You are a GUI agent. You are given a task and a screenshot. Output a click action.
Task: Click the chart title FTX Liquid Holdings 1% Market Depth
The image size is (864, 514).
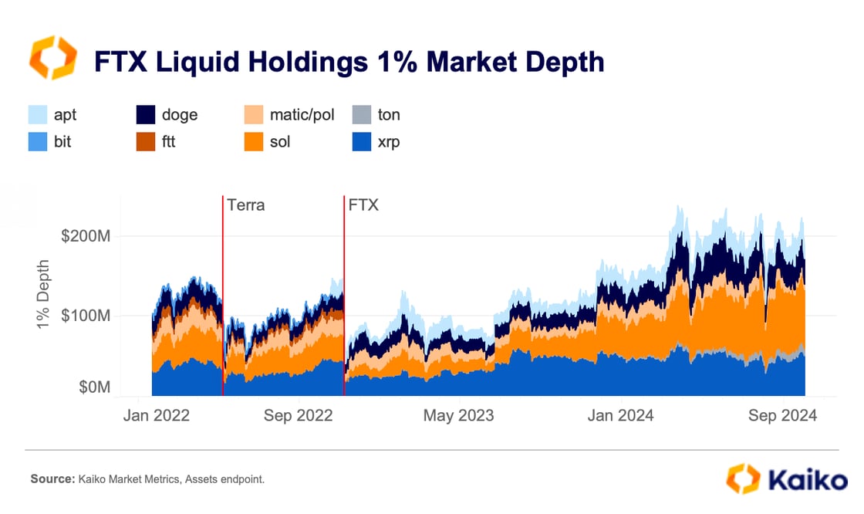point(349,61)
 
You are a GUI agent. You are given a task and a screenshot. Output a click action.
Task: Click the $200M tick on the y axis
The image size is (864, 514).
point(86,235)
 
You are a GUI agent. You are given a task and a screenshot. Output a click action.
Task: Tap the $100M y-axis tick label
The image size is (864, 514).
point(86,316)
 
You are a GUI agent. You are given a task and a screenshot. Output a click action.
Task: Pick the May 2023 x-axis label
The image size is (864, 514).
point(459,415)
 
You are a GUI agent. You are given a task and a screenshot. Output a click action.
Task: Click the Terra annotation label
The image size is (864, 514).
point(246,206)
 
